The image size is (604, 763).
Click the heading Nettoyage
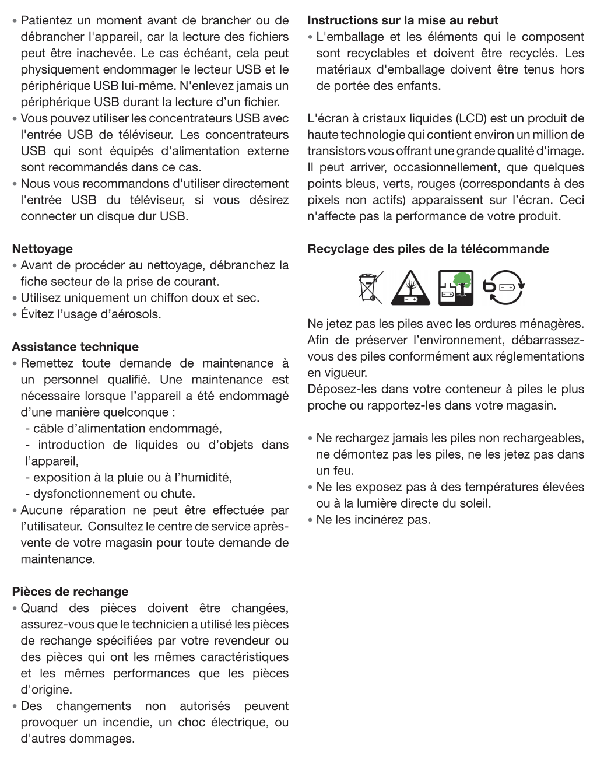(43, 249)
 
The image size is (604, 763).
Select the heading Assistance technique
(75, 347)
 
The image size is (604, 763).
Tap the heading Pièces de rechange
(70, 592)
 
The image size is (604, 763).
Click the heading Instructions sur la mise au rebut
(403, 20)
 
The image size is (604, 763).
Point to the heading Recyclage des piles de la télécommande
(428, 249)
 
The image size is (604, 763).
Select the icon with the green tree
(456, 288)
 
